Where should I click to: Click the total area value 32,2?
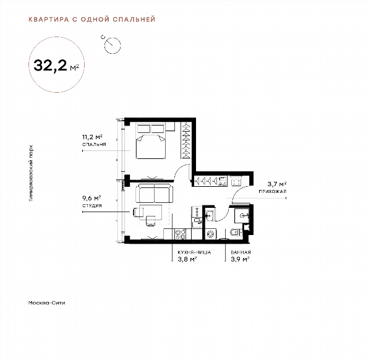coord(51,66)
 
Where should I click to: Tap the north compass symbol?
coord(112,45)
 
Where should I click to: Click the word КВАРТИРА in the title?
coord(49,19)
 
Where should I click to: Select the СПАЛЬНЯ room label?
coord(94,144)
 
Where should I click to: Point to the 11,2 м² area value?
coord(92,137)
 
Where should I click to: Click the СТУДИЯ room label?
coord(92,205)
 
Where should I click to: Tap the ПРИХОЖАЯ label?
coord(273,191)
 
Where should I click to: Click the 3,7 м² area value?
coord(277,184)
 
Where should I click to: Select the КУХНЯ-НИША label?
coord(194,252)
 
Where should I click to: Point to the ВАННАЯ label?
coord(241,252)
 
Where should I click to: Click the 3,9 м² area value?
coord(240,259)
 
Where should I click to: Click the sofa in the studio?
coord(155,193)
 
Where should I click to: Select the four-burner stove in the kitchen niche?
coord(181,234)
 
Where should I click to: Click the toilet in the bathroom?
coord(236,233)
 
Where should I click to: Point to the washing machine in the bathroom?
coord(210,234)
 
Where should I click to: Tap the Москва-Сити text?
coord(46,302)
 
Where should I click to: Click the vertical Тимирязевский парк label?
coord(31,173)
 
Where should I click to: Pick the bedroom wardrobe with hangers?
coord(185,140)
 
